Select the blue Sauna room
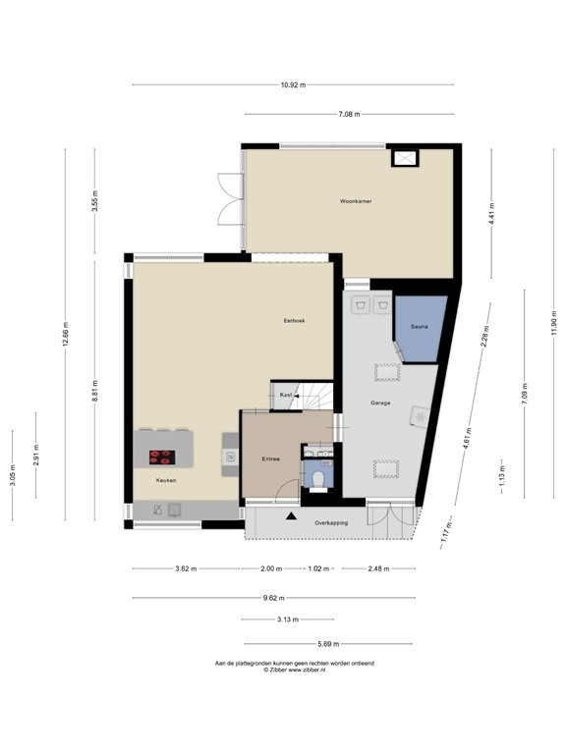click(419, 329)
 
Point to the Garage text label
click(380, 404)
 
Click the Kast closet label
click(285, 395)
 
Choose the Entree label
click(270, 458)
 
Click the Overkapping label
click(331, 523)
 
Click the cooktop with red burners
click(162, 457)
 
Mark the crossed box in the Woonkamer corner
click(404, 158)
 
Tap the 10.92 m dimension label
click(292, 85)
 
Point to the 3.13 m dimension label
click(288, 619)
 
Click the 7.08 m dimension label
click(348, 115)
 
